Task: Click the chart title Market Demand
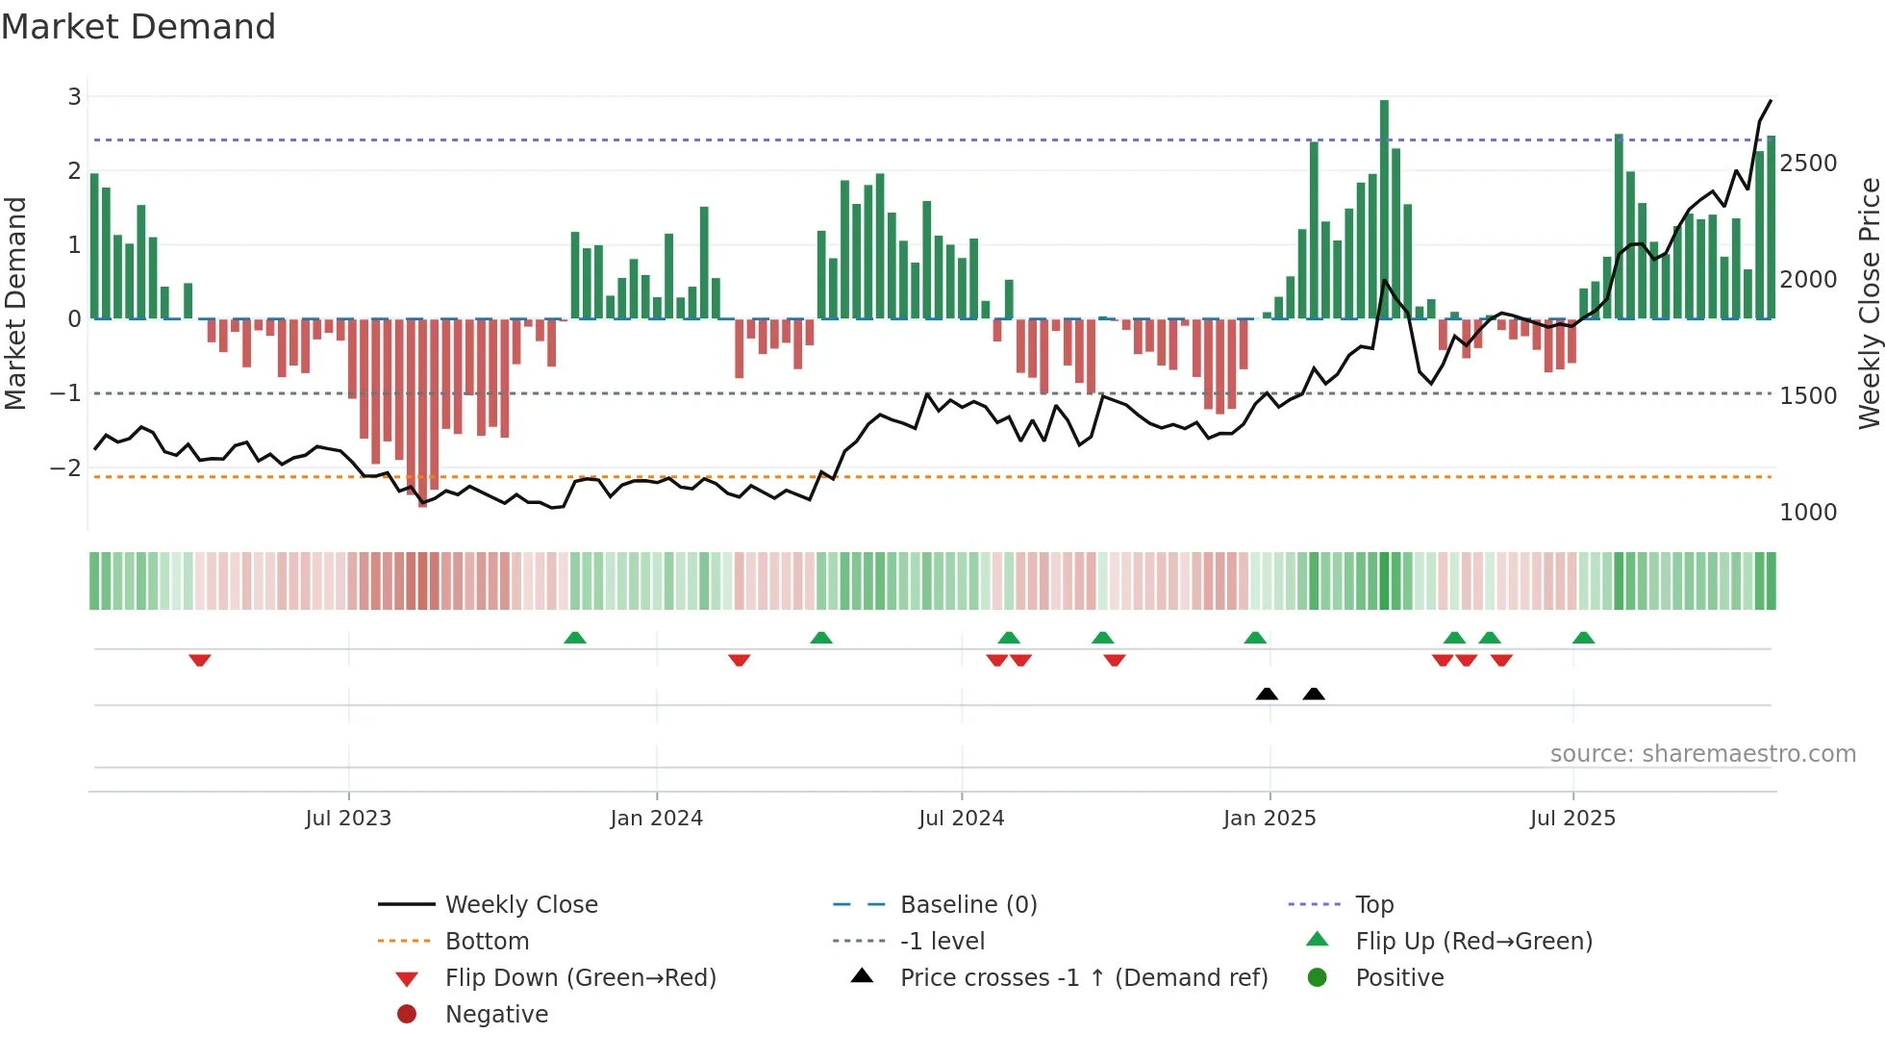click(138, 27)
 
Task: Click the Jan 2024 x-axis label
click(656, 819)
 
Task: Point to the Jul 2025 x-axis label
click(1572, 819)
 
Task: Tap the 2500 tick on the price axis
click(1808, 164)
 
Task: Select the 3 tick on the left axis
click(74, 96)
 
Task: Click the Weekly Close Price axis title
click(1869, 303)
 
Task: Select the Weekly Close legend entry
click(520, 905)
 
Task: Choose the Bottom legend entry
click(487, 942)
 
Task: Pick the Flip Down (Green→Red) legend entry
click(580, 978)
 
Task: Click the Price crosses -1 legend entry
click(1083, 978)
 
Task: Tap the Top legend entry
click(1374, 905)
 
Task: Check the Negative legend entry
click(496, 1015)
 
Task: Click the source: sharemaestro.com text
click(1702, 754)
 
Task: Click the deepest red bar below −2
click(422, 414)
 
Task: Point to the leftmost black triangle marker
click(1267, 694)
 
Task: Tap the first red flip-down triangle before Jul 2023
click(199, 660)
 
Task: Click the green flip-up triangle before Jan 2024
click(574, 638)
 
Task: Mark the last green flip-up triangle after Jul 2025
click(1583, 638)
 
